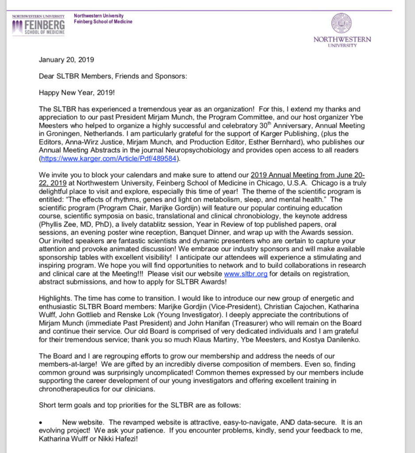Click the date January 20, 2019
coord(66,60)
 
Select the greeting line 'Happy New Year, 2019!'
coord(73,92)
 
